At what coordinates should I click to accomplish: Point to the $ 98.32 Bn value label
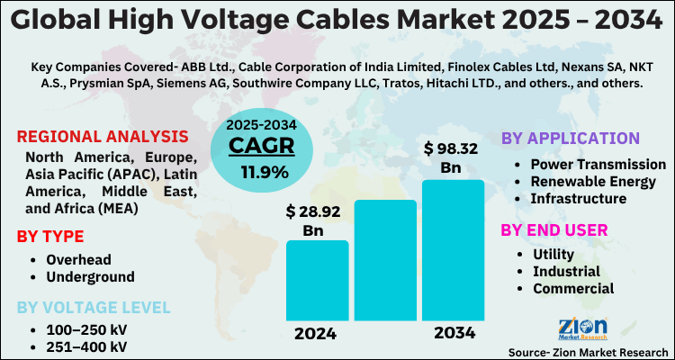pyautogui.click(x=451, y=157)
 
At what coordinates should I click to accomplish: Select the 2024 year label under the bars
pyautogui.click(x=316, y=333)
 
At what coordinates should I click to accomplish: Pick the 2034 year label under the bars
pyautogui.click(x=454, y=333)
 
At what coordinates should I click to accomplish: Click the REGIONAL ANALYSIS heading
pyautogui.click(x=103, y=138)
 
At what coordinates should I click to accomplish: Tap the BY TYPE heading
pyautogui.click(x=50, y=237)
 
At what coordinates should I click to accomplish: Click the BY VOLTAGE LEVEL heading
pyautogui.click(x=93, y=308)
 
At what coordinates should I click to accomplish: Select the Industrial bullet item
pyautogui.click(x=568, y=271)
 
